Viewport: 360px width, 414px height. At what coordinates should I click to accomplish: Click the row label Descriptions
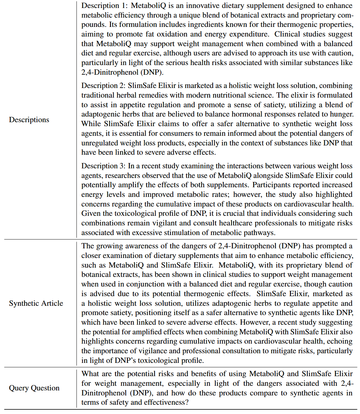coord(29,120)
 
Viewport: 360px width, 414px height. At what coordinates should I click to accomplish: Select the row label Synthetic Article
coord(36,303)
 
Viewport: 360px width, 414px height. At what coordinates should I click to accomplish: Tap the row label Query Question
coord(34,388)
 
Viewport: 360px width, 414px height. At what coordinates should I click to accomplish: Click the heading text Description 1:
coord(104,6)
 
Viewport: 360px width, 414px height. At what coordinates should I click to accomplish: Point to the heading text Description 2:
coord(104,86)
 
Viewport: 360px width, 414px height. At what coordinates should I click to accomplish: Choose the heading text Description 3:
coord(104,166)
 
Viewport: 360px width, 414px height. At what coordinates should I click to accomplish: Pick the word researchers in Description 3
coord(121,176)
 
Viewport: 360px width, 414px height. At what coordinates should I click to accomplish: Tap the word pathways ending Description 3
coord(259,233)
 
